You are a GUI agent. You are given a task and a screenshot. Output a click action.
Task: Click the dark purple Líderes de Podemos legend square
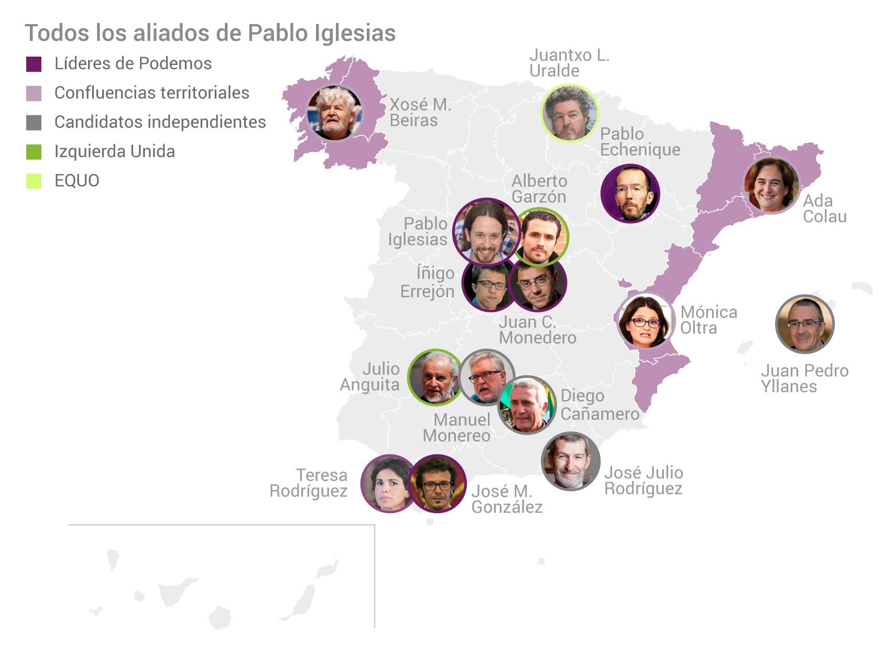point(34,64)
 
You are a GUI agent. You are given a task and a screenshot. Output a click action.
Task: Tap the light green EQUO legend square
point(34,181)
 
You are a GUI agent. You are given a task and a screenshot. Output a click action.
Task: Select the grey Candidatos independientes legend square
point(34,123)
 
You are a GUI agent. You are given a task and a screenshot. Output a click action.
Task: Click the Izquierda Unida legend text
point(114,151)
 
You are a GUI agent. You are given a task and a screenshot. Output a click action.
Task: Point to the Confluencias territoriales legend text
point(151,93)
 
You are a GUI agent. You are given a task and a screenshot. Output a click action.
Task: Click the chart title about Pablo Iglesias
point(210,33)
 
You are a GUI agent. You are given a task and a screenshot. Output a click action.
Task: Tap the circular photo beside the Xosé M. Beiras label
point(334,113)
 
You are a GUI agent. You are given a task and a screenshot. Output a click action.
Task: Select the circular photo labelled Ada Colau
point(771,186)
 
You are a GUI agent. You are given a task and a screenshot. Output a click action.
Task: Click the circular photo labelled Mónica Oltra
point(645,321)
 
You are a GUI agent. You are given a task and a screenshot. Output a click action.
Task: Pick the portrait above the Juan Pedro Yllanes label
point(804,323)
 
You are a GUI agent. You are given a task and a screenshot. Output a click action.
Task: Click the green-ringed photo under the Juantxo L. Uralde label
point(569,112)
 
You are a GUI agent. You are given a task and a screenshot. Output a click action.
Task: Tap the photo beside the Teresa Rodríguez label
point(388,483)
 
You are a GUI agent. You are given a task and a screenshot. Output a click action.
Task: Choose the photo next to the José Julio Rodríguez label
point(571,461)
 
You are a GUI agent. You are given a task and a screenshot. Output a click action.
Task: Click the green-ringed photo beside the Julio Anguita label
point(435,377)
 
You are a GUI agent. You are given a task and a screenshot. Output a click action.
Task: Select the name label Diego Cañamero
point(599,405)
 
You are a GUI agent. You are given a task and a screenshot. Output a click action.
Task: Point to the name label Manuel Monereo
point(456,427)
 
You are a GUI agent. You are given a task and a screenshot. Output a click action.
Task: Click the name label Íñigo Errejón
point(428,282)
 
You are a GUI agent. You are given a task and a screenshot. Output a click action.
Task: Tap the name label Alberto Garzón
point(539,189)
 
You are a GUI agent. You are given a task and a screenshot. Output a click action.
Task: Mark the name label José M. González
point(506,499)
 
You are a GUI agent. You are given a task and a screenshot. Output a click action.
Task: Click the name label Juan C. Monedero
point(537,330)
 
